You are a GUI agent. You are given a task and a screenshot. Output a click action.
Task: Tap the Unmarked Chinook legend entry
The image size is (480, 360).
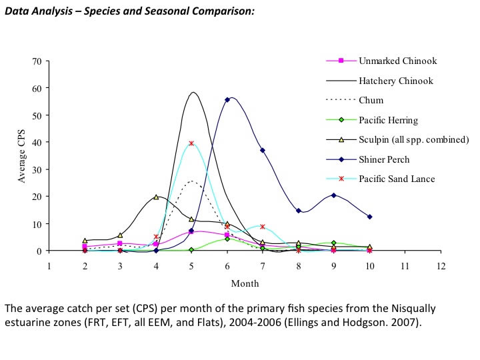pyautogui.click(x=397, y=61)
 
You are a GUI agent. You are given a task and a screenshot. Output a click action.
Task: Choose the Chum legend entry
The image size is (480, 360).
pyautogui.click(x=371, y=101)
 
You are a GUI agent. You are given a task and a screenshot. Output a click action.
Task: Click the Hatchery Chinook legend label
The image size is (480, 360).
pyautogui.click(x=396, y=81)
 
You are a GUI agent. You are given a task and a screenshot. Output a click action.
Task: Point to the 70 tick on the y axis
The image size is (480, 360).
pyautogui.click(x=36, y=61)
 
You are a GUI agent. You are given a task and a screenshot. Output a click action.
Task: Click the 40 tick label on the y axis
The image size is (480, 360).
pyautogui.click(x=36, y=143)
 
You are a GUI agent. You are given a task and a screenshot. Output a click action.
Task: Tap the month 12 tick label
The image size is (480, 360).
pyautogui.click(x=440, y=265)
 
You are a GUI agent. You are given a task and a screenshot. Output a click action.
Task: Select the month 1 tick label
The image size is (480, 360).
pyautogui.click(x=49, y=265)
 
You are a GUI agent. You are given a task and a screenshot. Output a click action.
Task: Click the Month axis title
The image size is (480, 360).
pyautogui.click(x=245, y=283)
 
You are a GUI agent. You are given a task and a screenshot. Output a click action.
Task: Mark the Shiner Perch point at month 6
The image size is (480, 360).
pyautogui.click(x=227, y=99)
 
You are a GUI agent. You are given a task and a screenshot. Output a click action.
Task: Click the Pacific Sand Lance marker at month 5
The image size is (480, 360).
pyautogui.click(x=191, y=143)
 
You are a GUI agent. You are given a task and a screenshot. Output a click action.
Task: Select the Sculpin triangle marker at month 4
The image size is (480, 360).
pyautogui.click(x=156, y=197)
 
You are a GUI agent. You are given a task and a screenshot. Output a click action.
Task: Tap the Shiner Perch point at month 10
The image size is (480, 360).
pyautogui.click(x=369, y=217)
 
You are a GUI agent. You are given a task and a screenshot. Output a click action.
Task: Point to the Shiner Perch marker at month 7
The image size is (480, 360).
pyautogui.click(x=263, y=150)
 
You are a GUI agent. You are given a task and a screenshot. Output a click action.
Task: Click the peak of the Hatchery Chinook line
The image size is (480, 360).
pyautogui.click(x=193, y=92)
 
